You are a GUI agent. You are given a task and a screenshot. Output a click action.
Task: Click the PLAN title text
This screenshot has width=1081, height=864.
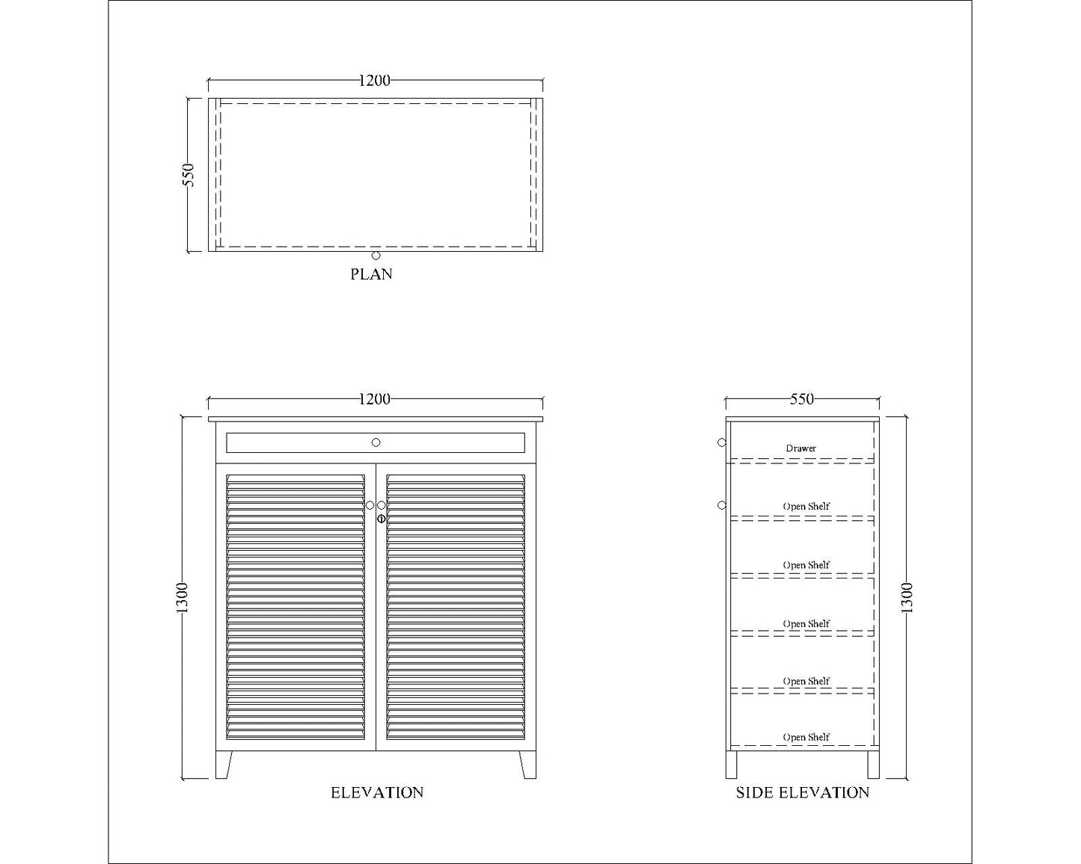tap(371, 274)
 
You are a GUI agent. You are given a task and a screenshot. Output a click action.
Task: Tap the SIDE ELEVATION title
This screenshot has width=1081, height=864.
tap(802, 793)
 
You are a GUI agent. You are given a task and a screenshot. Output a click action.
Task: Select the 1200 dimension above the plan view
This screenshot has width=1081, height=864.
tap(374, 81)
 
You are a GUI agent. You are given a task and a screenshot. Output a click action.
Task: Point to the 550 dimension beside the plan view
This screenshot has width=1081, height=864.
tap(189, 175)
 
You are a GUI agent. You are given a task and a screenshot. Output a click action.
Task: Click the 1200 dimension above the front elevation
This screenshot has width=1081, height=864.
tap(374, 399)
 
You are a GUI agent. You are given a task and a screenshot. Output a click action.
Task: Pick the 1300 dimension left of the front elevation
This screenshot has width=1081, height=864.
tap(183, 598)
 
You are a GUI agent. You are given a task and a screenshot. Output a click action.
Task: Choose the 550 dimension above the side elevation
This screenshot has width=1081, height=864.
tap(801, 399)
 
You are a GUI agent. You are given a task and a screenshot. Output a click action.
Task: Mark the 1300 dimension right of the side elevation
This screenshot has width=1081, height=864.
tap(907, 598)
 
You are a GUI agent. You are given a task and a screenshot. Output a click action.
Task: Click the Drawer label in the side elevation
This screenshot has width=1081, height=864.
tap(800, 448)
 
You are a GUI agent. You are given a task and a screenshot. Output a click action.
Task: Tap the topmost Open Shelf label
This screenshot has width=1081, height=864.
tap(806, 506)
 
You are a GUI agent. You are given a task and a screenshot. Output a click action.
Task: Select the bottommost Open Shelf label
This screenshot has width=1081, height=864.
tap(806, 737)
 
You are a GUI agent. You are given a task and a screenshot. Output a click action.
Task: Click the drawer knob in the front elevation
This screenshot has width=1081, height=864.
tap(376, 442)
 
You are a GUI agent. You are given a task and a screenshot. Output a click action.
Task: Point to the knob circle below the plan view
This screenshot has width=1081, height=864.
tap(376, 256)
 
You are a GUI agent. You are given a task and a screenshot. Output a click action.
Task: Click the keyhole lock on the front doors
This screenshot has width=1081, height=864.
tap(381, 518)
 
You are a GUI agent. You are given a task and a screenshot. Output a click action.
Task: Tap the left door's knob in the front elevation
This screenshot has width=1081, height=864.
tap(370, 505)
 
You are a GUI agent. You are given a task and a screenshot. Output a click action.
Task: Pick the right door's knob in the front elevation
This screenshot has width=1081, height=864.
tap(382, 505)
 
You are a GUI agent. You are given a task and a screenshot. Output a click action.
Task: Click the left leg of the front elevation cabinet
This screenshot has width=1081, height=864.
tap(224, 765)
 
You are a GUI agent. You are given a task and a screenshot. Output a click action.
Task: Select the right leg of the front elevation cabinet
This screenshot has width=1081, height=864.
tap(528, 765)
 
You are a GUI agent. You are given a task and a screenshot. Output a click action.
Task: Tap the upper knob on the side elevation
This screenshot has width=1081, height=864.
tap(722, 442)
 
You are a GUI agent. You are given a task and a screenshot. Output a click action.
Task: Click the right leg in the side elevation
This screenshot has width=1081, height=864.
tap(873, 765)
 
